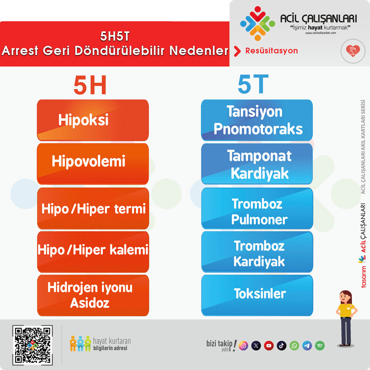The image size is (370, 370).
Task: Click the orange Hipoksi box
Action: coord(93,120)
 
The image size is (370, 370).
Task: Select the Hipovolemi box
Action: coord(93,164)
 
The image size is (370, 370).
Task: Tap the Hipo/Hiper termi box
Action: coord(93,208)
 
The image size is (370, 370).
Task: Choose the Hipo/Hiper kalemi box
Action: coord(93,252)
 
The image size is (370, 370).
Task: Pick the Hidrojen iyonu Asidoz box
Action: coord(93,295)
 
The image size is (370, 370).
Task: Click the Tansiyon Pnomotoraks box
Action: coord(257,120)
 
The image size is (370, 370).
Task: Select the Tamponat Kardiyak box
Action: coord(257,164)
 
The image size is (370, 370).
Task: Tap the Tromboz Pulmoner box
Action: coord(257,208)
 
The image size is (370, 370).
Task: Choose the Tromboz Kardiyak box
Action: coord(257,252)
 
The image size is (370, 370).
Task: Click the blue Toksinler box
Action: coord(257,295)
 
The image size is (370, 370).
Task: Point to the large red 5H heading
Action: coord(90,85)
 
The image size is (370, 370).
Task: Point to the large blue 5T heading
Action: coord(253,84)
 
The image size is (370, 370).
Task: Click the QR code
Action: coord(33,345)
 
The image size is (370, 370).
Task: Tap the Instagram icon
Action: coord(243,346)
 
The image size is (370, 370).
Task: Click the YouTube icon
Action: coord(269,346)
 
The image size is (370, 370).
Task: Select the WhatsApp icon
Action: coord(294,346)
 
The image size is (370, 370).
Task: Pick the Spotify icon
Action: coord(320,346)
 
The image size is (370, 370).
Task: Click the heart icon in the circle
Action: coord(353,50)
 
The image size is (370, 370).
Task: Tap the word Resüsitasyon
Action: coord(272,51)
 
